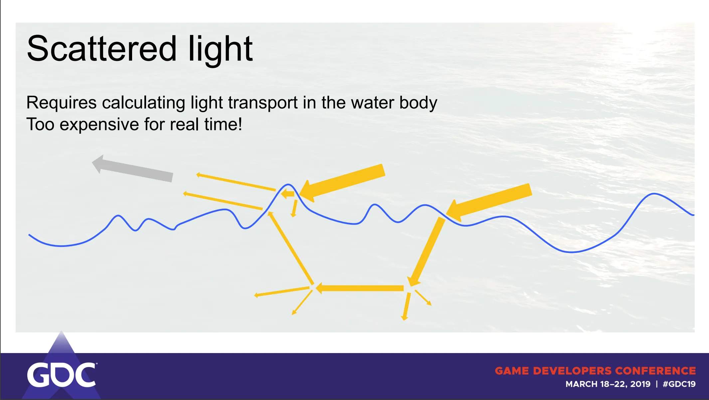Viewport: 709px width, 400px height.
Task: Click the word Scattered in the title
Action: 101,49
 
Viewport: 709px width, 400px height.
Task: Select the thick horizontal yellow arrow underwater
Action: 360,288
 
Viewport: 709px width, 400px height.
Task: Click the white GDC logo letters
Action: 62,375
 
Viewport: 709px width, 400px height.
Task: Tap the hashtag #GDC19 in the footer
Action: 679,384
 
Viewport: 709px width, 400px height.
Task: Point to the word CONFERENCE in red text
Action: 655,371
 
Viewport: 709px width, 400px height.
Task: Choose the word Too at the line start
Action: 40,124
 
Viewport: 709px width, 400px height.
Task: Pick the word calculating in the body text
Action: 143,103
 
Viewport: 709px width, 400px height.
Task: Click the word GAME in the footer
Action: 512,371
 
